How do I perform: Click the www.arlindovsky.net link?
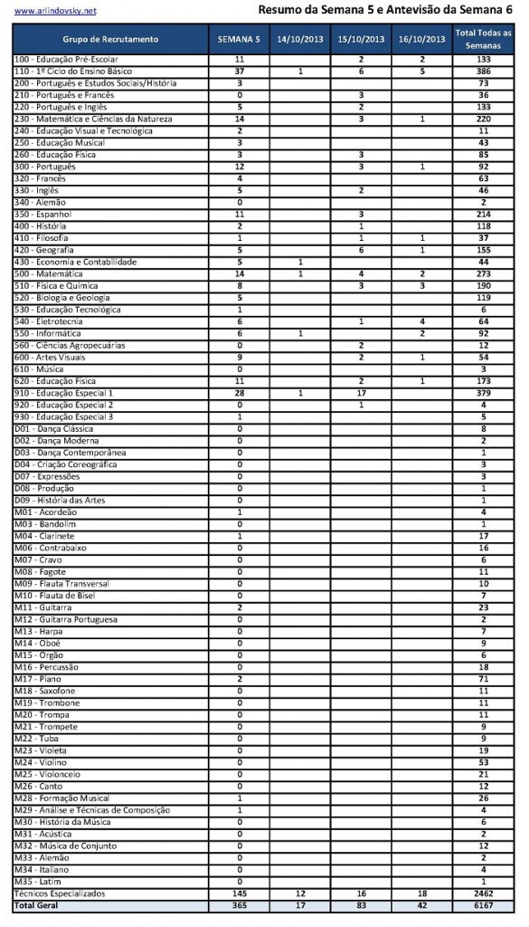54,12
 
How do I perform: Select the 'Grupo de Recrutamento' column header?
110,40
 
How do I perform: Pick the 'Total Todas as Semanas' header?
483,39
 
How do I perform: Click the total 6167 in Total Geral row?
483,905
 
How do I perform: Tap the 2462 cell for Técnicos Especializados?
483,894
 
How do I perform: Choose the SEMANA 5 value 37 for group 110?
239,71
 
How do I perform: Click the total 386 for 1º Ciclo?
483,71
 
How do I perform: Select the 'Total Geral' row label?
37,905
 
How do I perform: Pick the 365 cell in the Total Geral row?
239,905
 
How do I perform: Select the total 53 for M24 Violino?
483,762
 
